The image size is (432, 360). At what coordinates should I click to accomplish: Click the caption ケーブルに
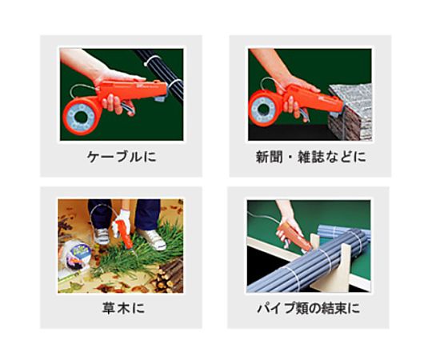122,157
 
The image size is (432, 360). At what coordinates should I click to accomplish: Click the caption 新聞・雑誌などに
310,157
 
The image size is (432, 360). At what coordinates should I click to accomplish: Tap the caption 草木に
123,308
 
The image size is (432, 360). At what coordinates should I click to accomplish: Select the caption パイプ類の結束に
309,308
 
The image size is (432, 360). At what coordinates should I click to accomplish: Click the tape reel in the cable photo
82,117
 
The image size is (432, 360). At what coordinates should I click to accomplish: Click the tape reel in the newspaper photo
266,109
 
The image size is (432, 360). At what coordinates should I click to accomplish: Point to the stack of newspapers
350,113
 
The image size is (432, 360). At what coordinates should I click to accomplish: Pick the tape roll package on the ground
75,254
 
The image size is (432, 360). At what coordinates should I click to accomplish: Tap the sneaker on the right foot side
152,238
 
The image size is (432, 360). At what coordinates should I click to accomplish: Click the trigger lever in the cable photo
127,108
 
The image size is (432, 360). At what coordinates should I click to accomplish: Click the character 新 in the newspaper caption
262,157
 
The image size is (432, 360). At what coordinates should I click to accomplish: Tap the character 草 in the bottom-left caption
109,308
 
